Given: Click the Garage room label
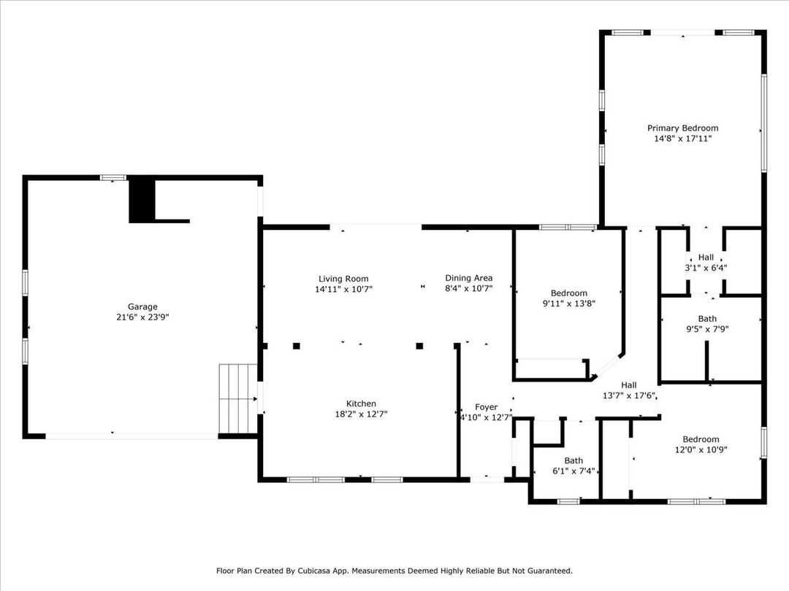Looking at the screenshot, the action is point(142,306).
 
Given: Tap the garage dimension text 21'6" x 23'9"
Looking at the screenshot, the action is point(142,317).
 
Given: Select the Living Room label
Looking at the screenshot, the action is point(343,279).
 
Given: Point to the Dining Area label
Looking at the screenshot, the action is point(469,278).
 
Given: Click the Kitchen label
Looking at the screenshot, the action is point(362,403).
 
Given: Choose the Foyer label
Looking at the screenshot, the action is point(486,407).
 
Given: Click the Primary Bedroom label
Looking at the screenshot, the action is point(683,128).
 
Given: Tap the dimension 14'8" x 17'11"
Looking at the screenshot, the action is point(683,139).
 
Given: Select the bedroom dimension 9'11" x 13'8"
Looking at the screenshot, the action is point(569,304).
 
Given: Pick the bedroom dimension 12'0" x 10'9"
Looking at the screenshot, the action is point(701,449).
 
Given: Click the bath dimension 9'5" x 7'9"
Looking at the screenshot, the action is point(707,329).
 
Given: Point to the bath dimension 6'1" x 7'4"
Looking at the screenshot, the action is point(573,471).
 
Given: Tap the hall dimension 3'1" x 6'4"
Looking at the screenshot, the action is point(706,268).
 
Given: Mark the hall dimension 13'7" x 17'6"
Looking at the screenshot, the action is point(630,395).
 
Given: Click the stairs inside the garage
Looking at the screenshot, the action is point(238,398).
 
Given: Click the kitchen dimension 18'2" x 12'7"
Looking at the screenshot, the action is point(362,414).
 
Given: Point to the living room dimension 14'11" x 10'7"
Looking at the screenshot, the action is point(343,290).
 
